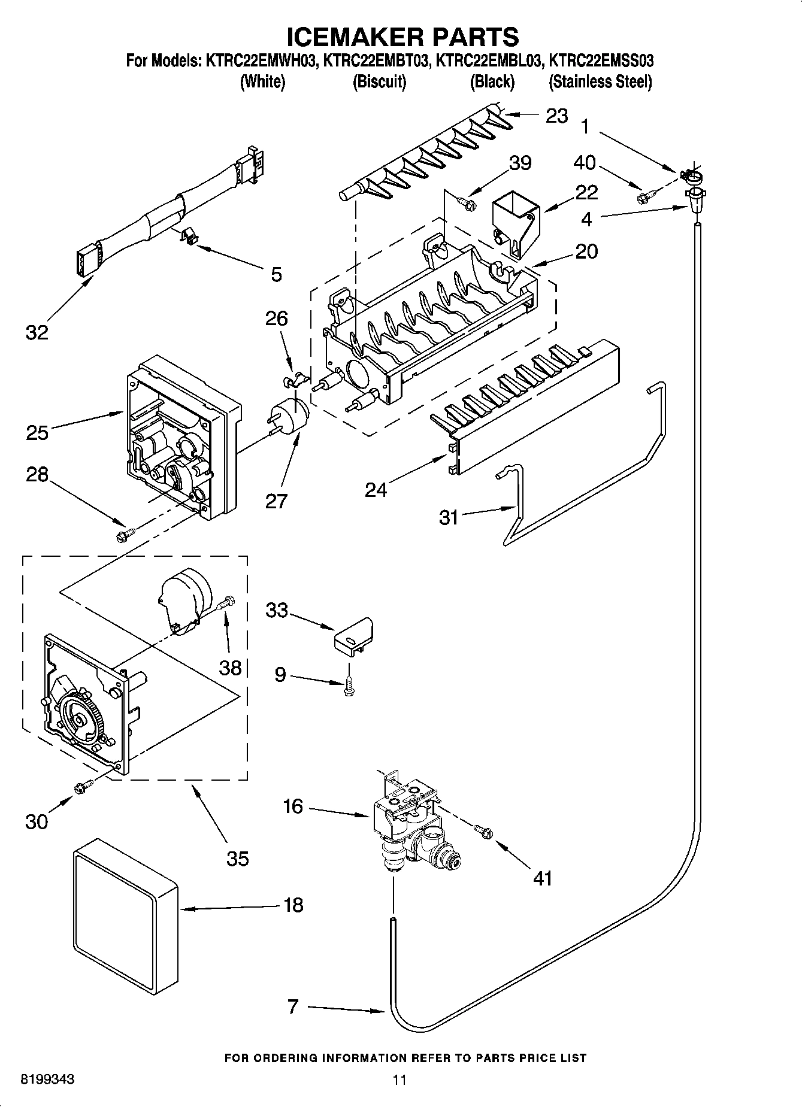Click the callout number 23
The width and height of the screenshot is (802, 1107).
tap(556, 116)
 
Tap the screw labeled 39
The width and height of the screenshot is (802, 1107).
tap(466, 203)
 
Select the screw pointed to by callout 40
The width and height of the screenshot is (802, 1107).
tap(647, 194)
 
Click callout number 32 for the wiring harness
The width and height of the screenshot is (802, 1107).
tap(37, 332)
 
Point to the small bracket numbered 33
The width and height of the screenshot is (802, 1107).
tap(353, 636)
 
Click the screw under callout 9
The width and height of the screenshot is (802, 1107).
tap(347, 687)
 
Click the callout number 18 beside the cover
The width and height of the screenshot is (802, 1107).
tap(293, 905)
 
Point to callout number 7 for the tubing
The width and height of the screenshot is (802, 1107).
tap(293, 1006)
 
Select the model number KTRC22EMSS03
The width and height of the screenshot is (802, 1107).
tap(601, 60)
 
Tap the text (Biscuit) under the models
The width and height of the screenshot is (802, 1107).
tap(379, 81)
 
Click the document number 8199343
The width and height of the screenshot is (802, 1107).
tap(48, 1079)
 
